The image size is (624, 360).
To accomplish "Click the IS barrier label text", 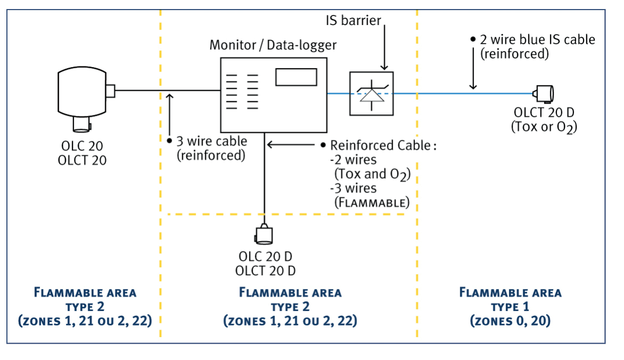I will click(353, 21).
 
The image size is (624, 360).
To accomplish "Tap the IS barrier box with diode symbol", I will click(371, 93).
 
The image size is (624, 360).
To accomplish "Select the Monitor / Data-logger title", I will click(272, 45).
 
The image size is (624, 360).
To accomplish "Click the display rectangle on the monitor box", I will click(296, 77).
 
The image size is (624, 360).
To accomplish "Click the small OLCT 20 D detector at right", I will click(544, 94).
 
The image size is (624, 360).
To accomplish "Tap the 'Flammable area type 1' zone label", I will click(510, 299).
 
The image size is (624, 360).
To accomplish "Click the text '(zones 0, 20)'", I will click(510, 321).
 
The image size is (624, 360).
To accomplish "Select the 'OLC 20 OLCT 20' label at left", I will click(82, 153).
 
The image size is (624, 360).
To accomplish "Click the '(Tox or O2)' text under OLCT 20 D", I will click(544, 127).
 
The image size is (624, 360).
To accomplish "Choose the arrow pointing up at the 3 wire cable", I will click(169, 114).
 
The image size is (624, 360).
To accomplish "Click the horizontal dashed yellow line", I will click(287, 214).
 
